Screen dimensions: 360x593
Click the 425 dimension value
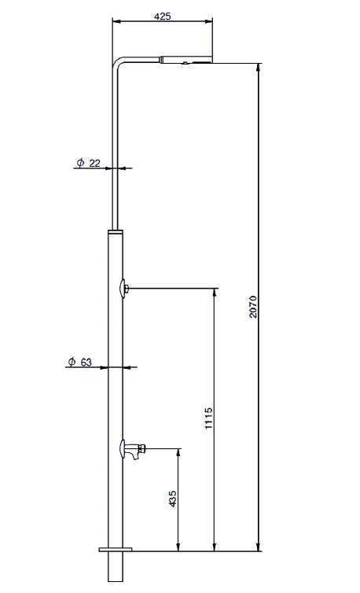163,17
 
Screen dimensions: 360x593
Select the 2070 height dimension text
253,307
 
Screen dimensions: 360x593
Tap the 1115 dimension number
208,418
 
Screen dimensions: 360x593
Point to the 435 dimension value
172,499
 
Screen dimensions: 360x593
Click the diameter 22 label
89,163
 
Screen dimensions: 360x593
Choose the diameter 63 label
80,362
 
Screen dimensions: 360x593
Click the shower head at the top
186,60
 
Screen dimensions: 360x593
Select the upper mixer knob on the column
123,289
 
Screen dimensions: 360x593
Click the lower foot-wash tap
132,450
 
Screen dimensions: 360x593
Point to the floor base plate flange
116,549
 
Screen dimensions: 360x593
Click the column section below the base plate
116,566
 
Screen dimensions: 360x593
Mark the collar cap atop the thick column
116,232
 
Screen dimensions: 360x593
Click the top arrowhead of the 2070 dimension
259,67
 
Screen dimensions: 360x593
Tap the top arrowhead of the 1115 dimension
215,293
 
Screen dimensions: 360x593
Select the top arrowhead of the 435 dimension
178,453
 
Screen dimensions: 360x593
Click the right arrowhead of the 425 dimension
208,21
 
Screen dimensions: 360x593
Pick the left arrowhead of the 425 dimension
116,21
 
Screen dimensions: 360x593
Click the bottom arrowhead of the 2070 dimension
259,547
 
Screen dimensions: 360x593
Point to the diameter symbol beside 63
72,362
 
